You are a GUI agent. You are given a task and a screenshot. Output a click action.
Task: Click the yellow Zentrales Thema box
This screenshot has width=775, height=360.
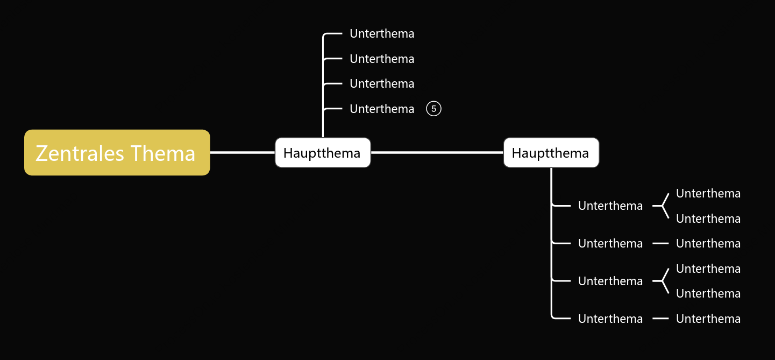(x=117, y=152)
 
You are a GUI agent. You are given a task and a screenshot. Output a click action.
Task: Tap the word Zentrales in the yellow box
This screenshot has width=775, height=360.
(x=80, y=153)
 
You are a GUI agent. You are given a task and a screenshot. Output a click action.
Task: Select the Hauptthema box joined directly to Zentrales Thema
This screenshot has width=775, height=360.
(x=323, y=153)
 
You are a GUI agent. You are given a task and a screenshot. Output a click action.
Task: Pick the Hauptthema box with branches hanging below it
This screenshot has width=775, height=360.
(x=551, y=153)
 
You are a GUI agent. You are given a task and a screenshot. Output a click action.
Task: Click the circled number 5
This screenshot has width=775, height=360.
(x=433, y=109)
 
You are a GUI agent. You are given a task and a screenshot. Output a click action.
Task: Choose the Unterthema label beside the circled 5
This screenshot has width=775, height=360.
(x=382, y=109)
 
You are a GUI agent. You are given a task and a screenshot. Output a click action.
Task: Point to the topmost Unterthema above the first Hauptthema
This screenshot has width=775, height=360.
(x=382, y=33)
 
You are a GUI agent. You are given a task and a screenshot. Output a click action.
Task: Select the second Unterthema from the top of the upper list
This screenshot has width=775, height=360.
(x=382, y=59)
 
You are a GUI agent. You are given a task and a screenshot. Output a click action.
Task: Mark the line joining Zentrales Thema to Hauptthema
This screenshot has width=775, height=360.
(x=243, y=152)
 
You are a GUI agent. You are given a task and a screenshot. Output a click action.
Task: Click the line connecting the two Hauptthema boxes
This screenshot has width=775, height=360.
(x=437, y=152)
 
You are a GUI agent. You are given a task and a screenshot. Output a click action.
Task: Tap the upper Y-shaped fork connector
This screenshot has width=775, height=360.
(x=662, y=206)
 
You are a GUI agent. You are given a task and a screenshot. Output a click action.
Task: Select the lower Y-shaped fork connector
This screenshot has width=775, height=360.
(x=662, y=281)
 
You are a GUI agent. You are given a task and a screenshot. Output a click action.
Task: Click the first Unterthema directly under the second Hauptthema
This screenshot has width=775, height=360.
(x=610, y=206)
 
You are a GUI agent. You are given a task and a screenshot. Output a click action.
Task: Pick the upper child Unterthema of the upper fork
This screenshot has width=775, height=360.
(x=708, y=193)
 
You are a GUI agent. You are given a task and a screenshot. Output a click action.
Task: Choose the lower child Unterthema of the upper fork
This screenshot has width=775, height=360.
(x=708, y=218)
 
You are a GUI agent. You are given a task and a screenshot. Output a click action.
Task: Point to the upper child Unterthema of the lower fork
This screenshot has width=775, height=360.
(x=708, y=269)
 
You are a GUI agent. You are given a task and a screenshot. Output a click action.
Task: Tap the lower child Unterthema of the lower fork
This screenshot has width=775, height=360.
(x=708, y=293)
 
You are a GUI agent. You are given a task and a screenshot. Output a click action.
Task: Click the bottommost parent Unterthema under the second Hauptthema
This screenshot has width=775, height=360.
(x=610, y=319)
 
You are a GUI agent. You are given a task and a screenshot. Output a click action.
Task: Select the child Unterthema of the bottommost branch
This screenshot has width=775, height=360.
(x=708, y=319)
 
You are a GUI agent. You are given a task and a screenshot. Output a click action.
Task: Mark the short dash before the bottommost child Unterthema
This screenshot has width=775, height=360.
(x=660, y=319)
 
